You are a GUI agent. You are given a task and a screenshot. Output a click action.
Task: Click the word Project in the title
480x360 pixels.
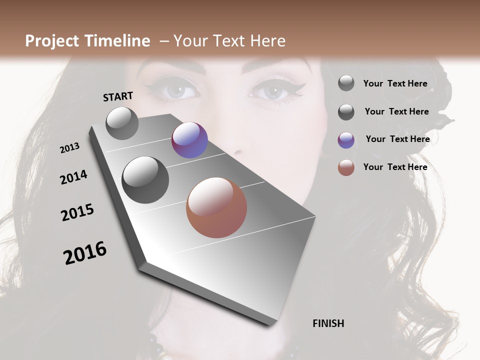[52, 41]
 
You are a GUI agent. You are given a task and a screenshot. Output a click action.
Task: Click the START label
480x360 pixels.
[118, 96]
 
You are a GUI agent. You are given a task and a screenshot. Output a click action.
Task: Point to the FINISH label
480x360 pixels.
[328, 323]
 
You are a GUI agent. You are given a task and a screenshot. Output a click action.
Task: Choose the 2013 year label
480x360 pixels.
[69, 148]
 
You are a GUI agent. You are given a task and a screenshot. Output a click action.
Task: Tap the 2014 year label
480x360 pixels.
[73, 177]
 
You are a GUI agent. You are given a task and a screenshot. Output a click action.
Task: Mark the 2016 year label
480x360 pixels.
[85, 252]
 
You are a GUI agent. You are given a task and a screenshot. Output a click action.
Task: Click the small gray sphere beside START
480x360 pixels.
[122, 123]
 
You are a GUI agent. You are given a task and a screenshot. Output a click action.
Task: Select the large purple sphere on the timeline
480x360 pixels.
[189, 140]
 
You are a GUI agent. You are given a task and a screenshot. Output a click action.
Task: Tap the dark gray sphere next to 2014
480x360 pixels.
[145, 180]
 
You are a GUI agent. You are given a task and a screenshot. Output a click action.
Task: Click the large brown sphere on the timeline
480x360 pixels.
[216, 207]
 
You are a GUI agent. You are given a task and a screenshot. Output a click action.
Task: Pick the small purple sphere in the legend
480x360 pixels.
[346, 140]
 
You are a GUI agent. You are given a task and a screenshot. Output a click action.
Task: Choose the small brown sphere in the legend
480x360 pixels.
[346, 168]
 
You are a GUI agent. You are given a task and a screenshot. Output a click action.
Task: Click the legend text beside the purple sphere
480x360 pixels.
[397, 139]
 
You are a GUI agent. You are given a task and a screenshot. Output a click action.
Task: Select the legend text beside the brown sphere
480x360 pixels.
[395, 167]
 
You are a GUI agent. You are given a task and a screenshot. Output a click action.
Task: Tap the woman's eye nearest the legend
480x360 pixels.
[273, 91]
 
